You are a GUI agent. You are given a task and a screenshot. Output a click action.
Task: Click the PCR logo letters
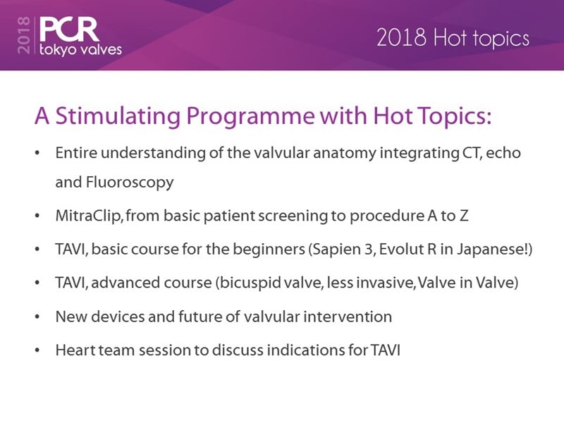point(69,30)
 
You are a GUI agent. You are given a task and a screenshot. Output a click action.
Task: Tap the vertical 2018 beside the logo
point(24,36)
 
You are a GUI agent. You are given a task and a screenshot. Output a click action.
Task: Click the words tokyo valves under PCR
point(80,49)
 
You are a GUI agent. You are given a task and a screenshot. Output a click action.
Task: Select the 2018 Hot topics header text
point(453,38)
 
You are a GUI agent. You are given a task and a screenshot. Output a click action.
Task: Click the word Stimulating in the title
point(118,116)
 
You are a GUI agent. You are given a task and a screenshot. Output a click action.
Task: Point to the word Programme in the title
point(250,116)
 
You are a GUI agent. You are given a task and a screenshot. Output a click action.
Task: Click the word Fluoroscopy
point(130,183)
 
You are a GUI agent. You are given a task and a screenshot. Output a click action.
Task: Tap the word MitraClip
point(90,216)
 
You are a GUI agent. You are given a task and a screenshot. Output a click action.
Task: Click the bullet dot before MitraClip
point(37,216)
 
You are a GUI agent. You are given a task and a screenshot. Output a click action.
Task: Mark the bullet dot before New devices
point(37,317)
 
